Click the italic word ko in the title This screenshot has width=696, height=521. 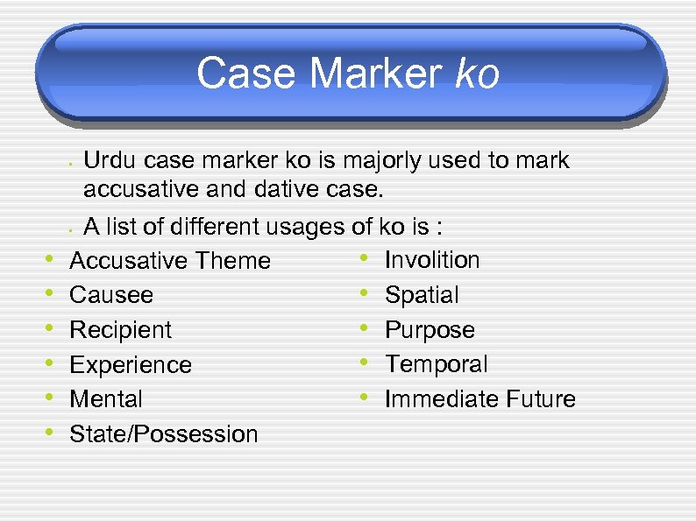(x=478, y=74)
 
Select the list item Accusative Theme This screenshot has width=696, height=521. (x=170, y=260)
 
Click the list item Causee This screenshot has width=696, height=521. (x=111, y=295)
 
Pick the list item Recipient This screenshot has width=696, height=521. (x=121, y=330)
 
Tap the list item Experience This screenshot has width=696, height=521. (x=131, y=365)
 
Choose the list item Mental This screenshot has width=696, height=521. (x=106, y=399)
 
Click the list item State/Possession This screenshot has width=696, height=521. (x=164, y=434)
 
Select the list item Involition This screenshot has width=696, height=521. (x=432, y=260)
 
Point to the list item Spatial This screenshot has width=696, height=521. (x=422, y=295)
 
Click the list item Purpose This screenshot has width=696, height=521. (x=430, y=330)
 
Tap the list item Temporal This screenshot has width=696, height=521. (x=437, y=364)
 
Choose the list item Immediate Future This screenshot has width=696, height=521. (x=480, y=399)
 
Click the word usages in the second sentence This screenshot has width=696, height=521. (x=308, y=229)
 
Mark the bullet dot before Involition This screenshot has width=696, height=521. (x=362, y=258)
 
